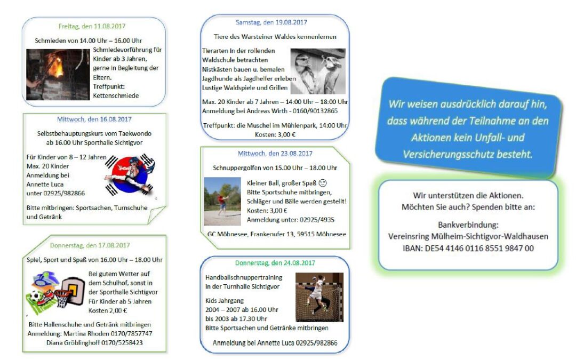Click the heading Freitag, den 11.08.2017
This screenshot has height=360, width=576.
tap(92, 27)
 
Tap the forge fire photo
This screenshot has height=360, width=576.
tap(58, 75)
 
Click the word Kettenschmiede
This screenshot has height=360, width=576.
tap(116, 96)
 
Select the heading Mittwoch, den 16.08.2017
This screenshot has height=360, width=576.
tap(94, 119)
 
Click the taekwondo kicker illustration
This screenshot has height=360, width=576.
tap(130, 174)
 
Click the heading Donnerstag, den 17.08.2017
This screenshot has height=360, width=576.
tap(90, 245)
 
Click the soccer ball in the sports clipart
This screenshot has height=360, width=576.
tap(35, 296)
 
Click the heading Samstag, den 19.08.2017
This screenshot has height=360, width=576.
tap(271, 22)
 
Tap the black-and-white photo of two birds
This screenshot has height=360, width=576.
tap(318, 71)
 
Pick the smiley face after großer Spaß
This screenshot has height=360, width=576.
tap(323, 183)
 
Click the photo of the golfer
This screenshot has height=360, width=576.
tap(222, 201)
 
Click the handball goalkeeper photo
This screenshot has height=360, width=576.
tap(319, 297)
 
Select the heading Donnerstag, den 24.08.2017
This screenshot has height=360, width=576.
tap(275, 263)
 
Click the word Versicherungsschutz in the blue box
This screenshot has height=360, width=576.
tap(449, 154)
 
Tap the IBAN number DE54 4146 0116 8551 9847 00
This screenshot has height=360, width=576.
tap(479, 249)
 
